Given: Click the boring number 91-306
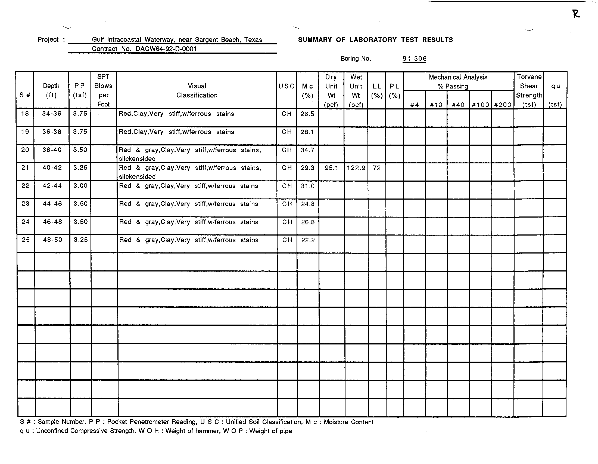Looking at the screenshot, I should click(x=414, y=59).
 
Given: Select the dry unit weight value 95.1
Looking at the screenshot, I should click(x=331, y=168).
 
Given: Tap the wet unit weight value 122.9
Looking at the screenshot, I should click(x=356, y=168).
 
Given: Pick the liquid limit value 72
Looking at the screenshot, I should click(x=377, y=168).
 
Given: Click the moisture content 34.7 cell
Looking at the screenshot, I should click(x=307, y=150).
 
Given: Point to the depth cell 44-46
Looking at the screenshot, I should click(x=52, y=204).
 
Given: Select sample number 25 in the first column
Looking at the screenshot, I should click(x=26, y=240).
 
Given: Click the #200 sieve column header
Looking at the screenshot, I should click(x=502, y=105).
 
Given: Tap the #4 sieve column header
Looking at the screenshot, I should click(x=414, y=105).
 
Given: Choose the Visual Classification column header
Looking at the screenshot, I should click(x=197, y=90).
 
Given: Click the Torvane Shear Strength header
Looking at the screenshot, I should click(x=529, y=90).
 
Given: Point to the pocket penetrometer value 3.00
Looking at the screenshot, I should click(x=80, y=186).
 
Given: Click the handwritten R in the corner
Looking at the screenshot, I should click(x=576, y=14).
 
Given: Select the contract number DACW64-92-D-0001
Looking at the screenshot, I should click(x=166, y=49).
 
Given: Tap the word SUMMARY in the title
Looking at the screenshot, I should click(x=314, y=40).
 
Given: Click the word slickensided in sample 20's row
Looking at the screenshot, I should click(x=137, y=159).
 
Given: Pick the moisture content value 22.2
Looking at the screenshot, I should click(x=308, y=240).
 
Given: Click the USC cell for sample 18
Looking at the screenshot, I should click(x=286, y=114).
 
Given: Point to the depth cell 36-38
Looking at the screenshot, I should click(x=51, y=132).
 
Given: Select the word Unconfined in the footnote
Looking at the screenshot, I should click(x=52, y=431).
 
